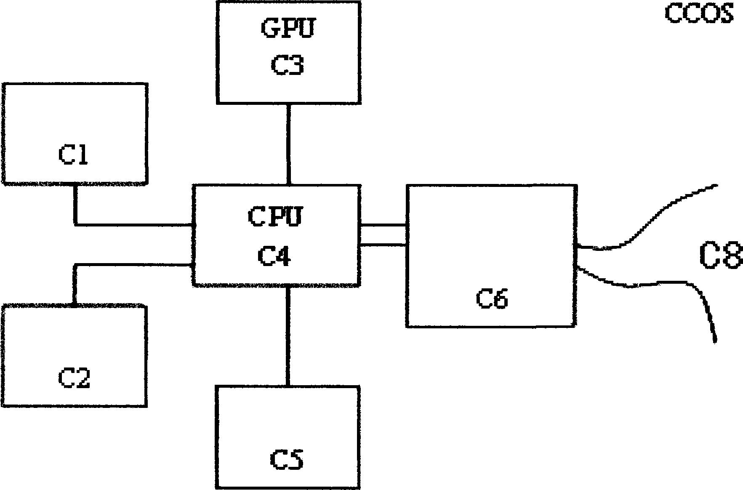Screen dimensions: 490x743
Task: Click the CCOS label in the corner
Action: pyautogui.click(x=699, y=13)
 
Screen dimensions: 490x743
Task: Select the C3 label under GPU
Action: pyautogui.click(x=288, y=65)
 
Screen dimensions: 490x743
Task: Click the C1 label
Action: pyautogui.click(x=73, y=154)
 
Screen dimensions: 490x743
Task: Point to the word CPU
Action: pyautogui.click(x=275, y=216)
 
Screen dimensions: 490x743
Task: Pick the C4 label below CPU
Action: pyautogui.click(x=274, y=256)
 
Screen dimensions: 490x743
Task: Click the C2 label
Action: pyautogui.click(x=74, y=378)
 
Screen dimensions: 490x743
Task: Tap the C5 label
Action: pyautogui.click(x=287, y=459)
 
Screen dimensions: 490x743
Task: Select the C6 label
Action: pyautogui.click(x=492, y=298)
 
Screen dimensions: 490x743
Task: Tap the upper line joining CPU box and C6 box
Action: pyautogui.click(x=383, y=225)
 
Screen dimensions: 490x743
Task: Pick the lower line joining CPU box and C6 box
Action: pyautogui.click(x=383, y=244)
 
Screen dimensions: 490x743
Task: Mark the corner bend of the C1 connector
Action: pyautogui.click(x=75, y=224)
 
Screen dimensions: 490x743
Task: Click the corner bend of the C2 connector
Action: pyautogui.click(x=75, y=265)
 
